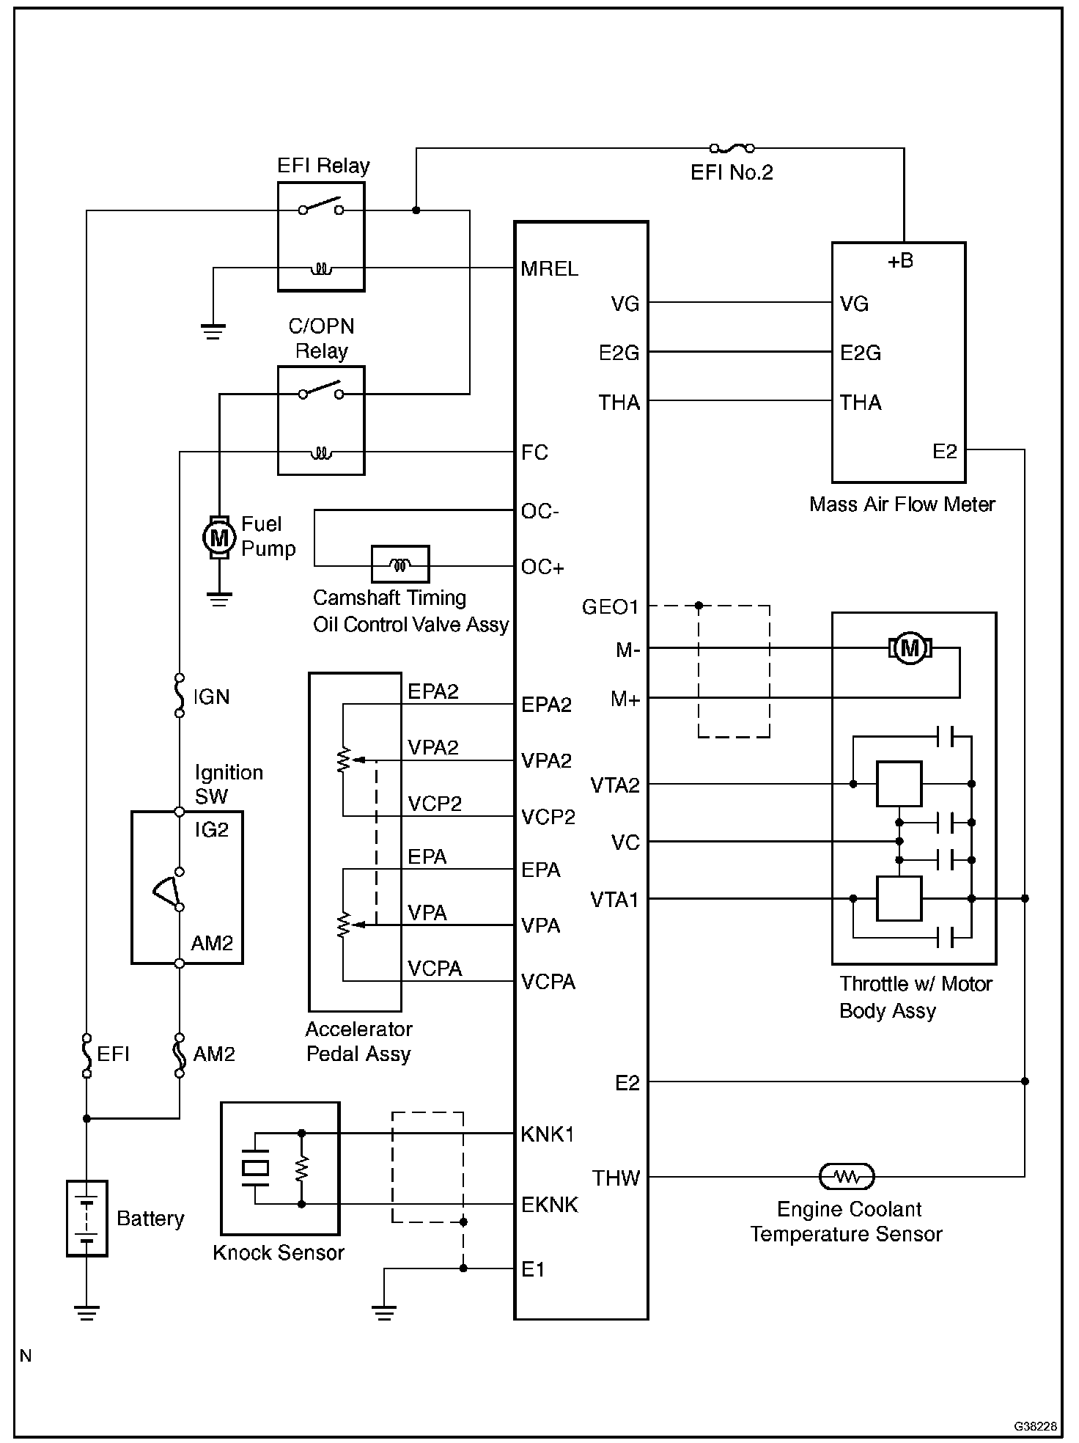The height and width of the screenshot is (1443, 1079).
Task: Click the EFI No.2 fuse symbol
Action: (732, 148)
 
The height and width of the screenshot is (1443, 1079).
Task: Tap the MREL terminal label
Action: (549, 268)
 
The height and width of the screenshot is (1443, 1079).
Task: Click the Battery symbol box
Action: (87, 1218)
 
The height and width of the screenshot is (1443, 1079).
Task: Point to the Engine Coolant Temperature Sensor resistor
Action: (847, 1176)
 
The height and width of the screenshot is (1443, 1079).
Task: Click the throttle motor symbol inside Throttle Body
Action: (910, 648)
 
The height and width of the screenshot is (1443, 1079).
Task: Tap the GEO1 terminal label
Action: (610, 607)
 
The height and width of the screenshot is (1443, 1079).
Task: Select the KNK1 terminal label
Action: (548, 1134)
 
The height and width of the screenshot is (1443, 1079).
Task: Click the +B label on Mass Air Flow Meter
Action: (900, 262)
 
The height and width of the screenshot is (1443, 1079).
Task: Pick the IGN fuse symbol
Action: (180, 695)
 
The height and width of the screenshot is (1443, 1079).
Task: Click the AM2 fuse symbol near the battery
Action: (180, 1055)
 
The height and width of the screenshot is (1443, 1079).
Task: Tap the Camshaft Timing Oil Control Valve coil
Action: (400, 565)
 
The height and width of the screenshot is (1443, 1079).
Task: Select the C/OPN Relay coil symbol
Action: (321, 453)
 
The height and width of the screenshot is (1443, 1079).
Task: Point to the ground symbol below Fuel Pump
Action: (218, 598)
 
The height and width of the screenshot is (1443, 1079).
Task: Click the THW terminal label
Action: (616, 1178)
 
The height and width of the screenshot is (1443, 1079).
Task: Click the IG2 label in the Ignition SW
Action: (212, 830)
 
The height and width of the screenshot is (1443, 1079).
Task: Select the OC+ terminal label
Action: (542, 567)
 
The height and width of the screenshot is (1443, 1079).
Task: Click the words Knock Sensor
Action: (279, 1252)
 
